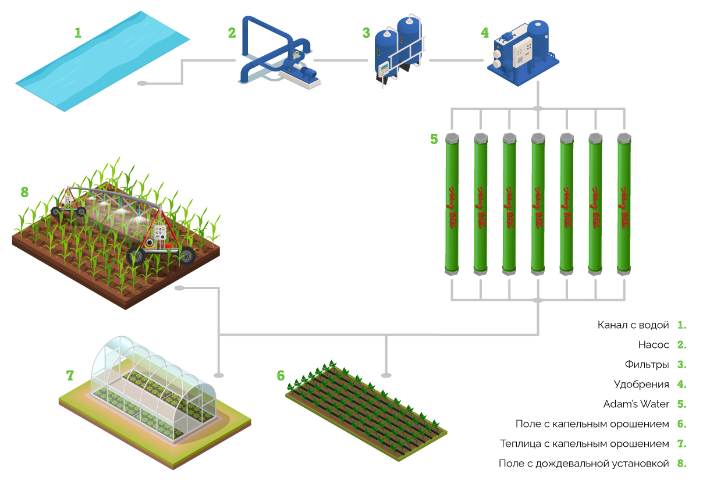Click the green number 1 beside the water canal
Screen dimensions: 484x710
(77, 32)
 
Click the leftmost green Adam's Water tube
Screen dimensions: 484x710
(452, 204)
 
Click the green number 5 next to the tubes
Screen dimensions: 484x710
(434, 139)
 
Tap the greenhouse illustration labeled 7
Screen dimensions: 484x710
(154, 390)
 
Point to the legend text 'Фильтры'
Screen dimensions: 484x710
(647, 365)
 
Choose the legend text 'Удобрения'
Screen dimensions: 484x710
(641, 385)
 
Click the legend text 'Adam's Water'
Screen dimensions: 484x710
(636, 404)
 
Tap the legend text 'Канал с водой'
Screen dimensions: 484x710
(633, 325)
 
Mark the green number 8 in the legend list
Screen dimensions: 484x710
(681, 464)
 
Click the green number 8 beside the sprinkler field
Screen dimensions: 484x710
(24, 191)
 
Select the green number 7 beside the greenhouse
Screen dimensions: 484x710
(70, 376)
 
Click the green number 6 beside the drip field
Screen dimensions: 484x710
(281, 376)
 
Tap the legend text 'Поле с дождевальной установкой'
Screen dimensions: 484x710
(584, 464)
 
